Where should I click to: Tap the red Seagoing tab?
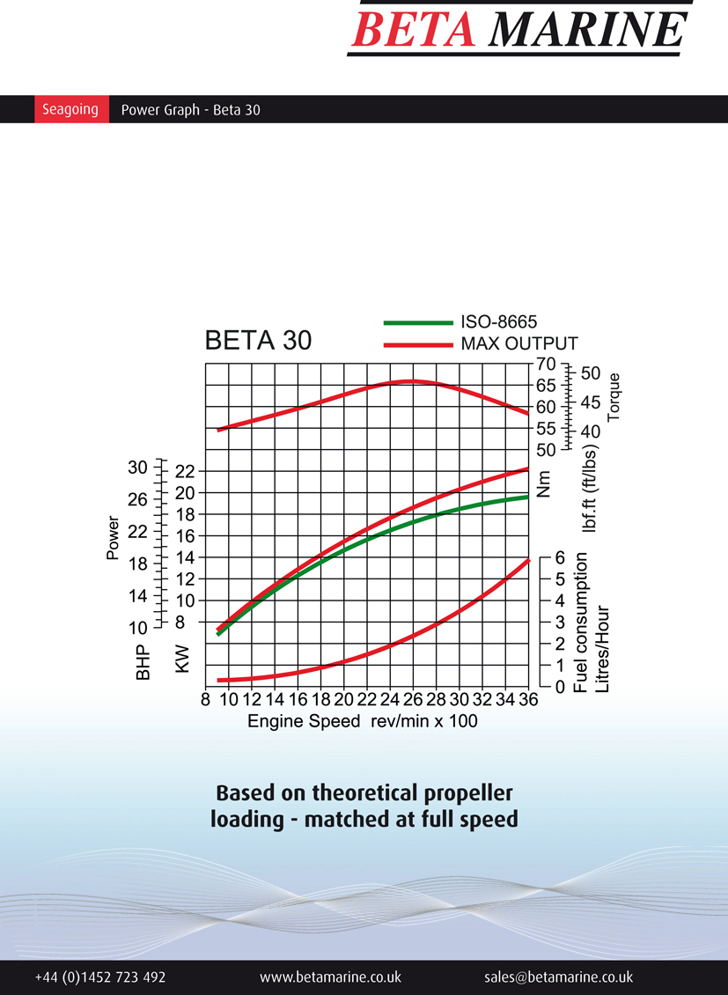click(70, 110)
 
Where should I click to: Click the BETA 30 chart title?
click(258, 340)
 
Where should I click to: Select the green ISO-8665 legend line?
click(417, 322)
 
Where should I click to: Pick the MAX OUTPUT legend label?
click(519, 343)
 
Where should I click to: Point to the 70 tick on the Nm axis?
click(545, 364)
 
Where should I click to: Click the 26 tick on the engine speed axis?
click(412, 701)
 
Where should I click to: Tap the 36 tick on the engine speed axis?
click(527, 701)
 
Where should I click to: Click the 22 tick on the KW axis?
click(183, 471)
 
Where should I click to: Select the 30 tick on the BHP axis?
click(138, 467)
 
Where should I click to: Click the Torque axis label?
click(614, 397)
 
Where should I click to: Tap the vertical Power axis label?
click(113, 538)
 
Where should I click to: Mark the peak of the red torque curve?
click(410, 381)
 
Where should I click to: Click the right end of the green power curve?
click(527, 497)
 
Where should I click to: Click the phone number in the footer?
click(100, 977)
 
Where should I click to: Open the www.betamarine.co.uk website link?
click(330, 977)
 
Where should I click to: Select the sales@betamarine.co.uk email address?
click(558, 977)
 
